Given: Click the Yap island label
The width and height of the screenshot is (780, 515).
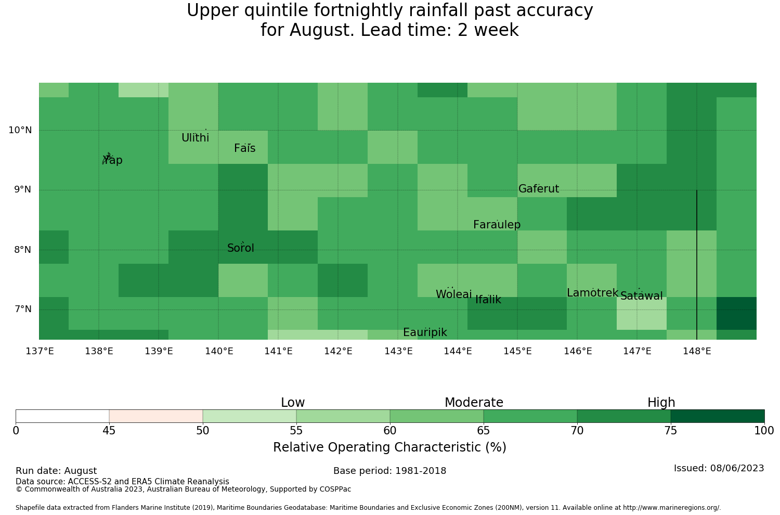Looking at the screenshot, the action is point(112,160).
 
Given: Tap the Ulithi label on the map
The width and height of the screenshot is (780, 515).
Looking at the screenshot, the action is point(196,138).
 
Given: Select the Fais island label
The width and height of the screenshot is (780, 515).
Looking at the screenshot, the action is point(245,148).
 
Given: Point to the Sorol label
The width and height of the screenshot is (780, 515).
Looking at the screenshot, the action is point(241,248).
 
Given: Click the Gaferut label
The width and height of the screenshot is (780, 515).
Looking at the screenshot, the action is point(539,188).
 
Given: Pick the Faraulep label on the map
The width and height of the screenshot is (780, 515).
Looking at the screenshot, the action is point(497,225).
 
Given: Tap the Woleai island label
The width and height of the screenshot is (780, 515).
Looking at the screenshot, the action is point(454,294).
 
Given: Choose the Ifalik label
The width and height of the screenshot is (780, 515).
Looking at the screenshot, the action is point(488,300).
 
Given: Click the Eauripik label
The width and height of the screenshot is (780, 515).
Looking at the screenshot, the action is point(425,332).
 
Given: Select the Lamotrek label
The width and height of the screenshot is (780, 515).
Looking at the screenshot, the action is point(593,293).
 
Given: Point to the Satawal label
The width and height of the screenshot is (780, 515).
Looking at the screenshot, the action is point(641,296).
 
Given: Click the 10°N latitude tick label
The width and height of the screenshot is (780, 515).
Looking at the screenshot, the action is point(20,131).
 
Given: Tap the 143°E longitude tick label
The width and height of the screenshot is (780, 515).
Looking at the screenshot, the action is point(398,351).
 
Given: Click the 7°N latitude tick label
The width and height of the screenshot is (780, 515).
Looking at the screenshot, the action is point(23,309).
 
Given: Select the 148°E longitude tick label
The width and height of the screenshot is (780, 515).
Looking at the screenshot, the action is point(697,351).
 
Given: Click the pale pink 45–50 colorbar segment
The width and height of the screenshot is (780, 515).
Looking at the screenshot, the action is point(156,416).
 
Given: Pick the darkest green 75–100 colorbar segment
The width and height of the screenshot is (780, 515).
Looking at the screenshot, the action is point(718,416).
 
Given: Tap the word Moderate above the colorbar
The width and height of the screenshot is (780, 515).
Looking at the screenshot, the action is point(474,403).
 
